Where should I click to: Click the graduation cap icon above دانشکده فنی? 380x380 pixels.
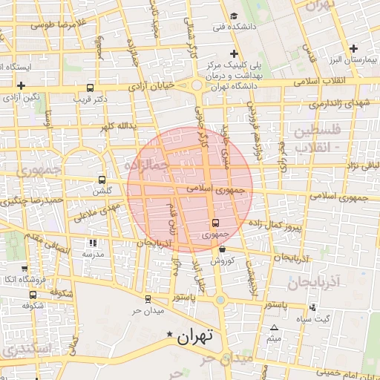(x=234, y=16)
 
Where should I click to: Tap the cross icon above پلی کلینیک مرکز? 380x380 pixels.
(x=235, y=53)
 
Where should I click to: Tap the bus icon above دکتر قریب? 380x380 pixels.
(x=90, y=87)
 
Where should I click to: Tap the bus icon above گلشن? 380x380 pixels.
(x=102, y=180)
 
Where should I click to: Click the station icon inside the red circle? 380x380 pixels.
(x=215, y=223)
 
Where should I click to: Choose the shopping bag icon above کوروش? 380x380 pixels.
(x=222, y=249)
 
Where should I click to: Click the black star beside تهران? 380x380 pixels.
(x=172, y=335)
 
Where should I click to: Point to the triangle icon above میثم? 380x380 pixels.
(x=275, y=327)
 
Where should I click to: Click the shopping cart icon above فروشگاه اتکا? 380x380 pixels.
(x=24, y=268)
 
